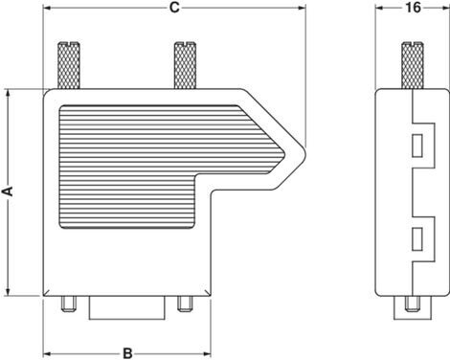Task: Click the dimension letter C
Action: (174, 8)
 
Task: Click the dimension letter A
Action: (8, 191)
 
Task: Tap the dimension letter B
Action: (127, 353)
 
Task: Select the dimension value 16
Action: (413, 8)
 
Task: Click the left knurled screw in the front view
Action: (69, 65)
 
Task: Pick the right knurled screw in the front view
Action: (185, 65)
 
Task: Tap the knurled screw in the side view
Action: (413, 65)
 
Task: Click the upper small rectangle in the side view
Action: (417, 146)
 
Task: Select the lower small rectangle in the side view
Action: (417, 238)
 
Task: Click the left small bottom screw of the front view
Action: (69, 304)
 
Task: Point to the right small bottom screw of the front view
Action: (185, 304)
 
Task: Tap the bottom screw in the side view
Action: (413, 304)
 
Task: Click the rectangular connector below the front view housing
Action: (127, 308)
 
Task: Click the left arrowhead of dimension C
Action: (47, 8)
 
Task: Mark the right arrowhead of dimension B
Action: (207, 353)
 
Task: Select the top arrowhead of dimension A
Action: (8, 94)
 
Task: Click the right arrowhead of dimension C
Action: (302, 8)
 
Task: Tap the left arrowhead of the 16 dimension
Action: (379, 8)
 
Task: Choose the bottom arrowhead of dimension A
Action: (8, 292)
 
